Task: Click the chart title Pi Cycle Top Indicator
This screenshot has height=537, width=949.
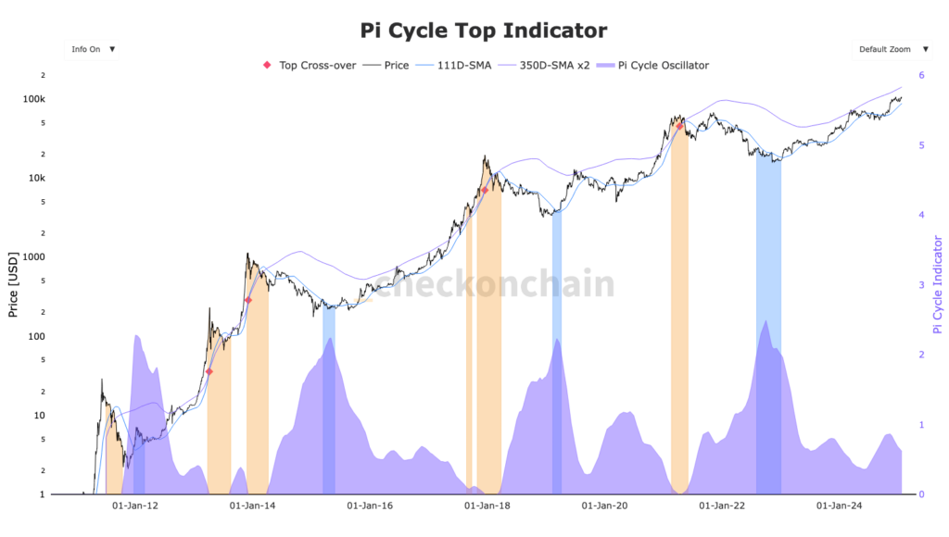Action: click(x=483, y=31)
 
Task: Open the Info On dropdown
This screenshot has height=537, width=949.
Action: click(x=92, y=49)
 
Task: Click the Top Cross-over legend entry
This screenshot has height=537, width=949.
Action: click(x=310, y=66)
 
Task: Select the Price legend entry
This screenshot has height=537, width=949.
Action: click(x=386, y=66)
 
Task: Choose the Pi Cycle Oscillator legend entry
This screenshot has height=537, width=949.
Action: click(x=656, y=66)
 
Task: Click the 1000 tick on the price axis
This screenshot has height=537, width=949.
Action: click(x=33, y=256)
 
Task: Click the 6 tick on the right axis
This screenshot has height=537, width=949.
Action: click(x=921, y=75)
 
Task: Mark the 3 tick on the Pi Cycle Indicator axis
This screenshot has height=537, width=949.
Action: click(x=921, y=284)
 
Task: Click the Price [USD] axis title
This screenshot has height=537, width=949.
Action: click(x=13, y=284)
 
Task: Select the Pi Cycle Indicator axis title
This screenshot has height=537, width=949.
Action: click(x=938, y=284)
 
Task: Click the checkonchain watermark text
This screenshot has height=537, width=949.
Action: click(x=494, y=284)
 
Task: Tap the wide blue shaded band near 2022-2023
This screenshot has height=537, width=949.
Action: click(x=768, y=324)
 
